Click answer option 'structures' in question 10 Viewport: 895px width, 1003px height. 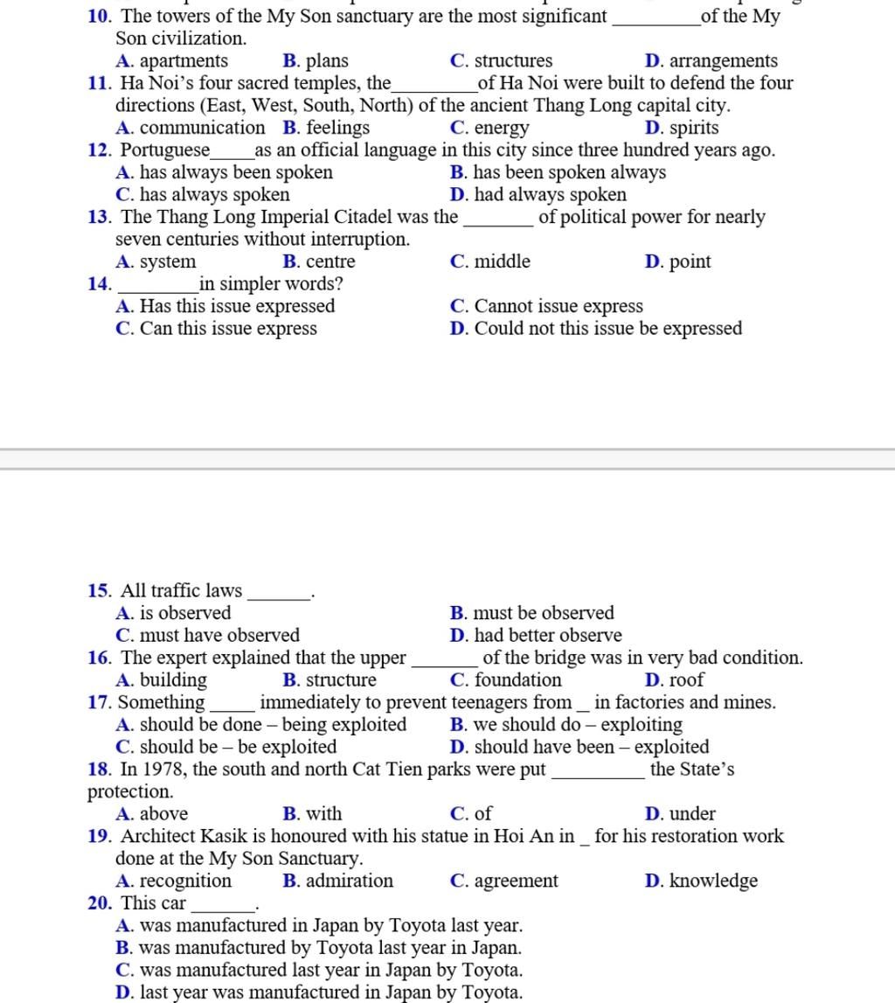click(x=513, y=61)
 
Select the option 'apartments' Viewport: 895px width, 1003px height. click(x=184, y=61)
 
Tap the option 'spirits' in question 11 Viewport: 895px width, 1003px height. click(x=694, y=128)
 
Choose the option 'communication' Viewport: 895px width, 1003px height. click(x=202, y=128)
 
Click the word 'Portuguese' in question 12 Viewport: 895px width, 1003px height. click(x=165, y=150)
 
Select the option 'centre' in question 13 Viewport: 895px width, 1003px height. click(x=330, y=261)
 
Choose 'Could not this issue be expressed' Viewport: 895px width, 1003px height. click(x=608, y=329)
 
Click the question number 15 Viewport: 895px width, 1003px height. click(x=98, y=591)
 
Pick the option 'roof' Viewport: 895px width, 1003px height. click(x=686, y=680)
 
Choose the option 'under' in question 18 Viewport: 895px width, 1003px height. click(x=692, y=814)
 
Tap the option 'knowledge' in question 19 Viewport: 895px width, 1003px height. click(x=713, y=881)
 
